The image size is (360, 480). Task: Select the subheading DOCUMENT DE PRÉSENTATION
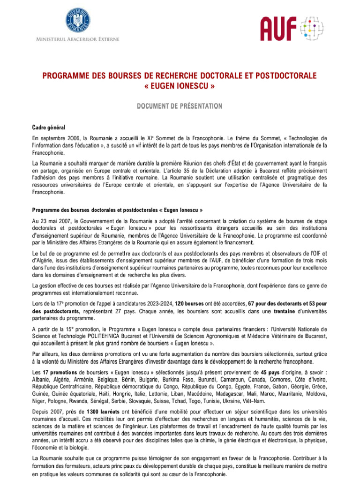point(180,106)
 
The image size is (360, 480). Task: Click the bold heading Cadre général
point(48,127)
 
